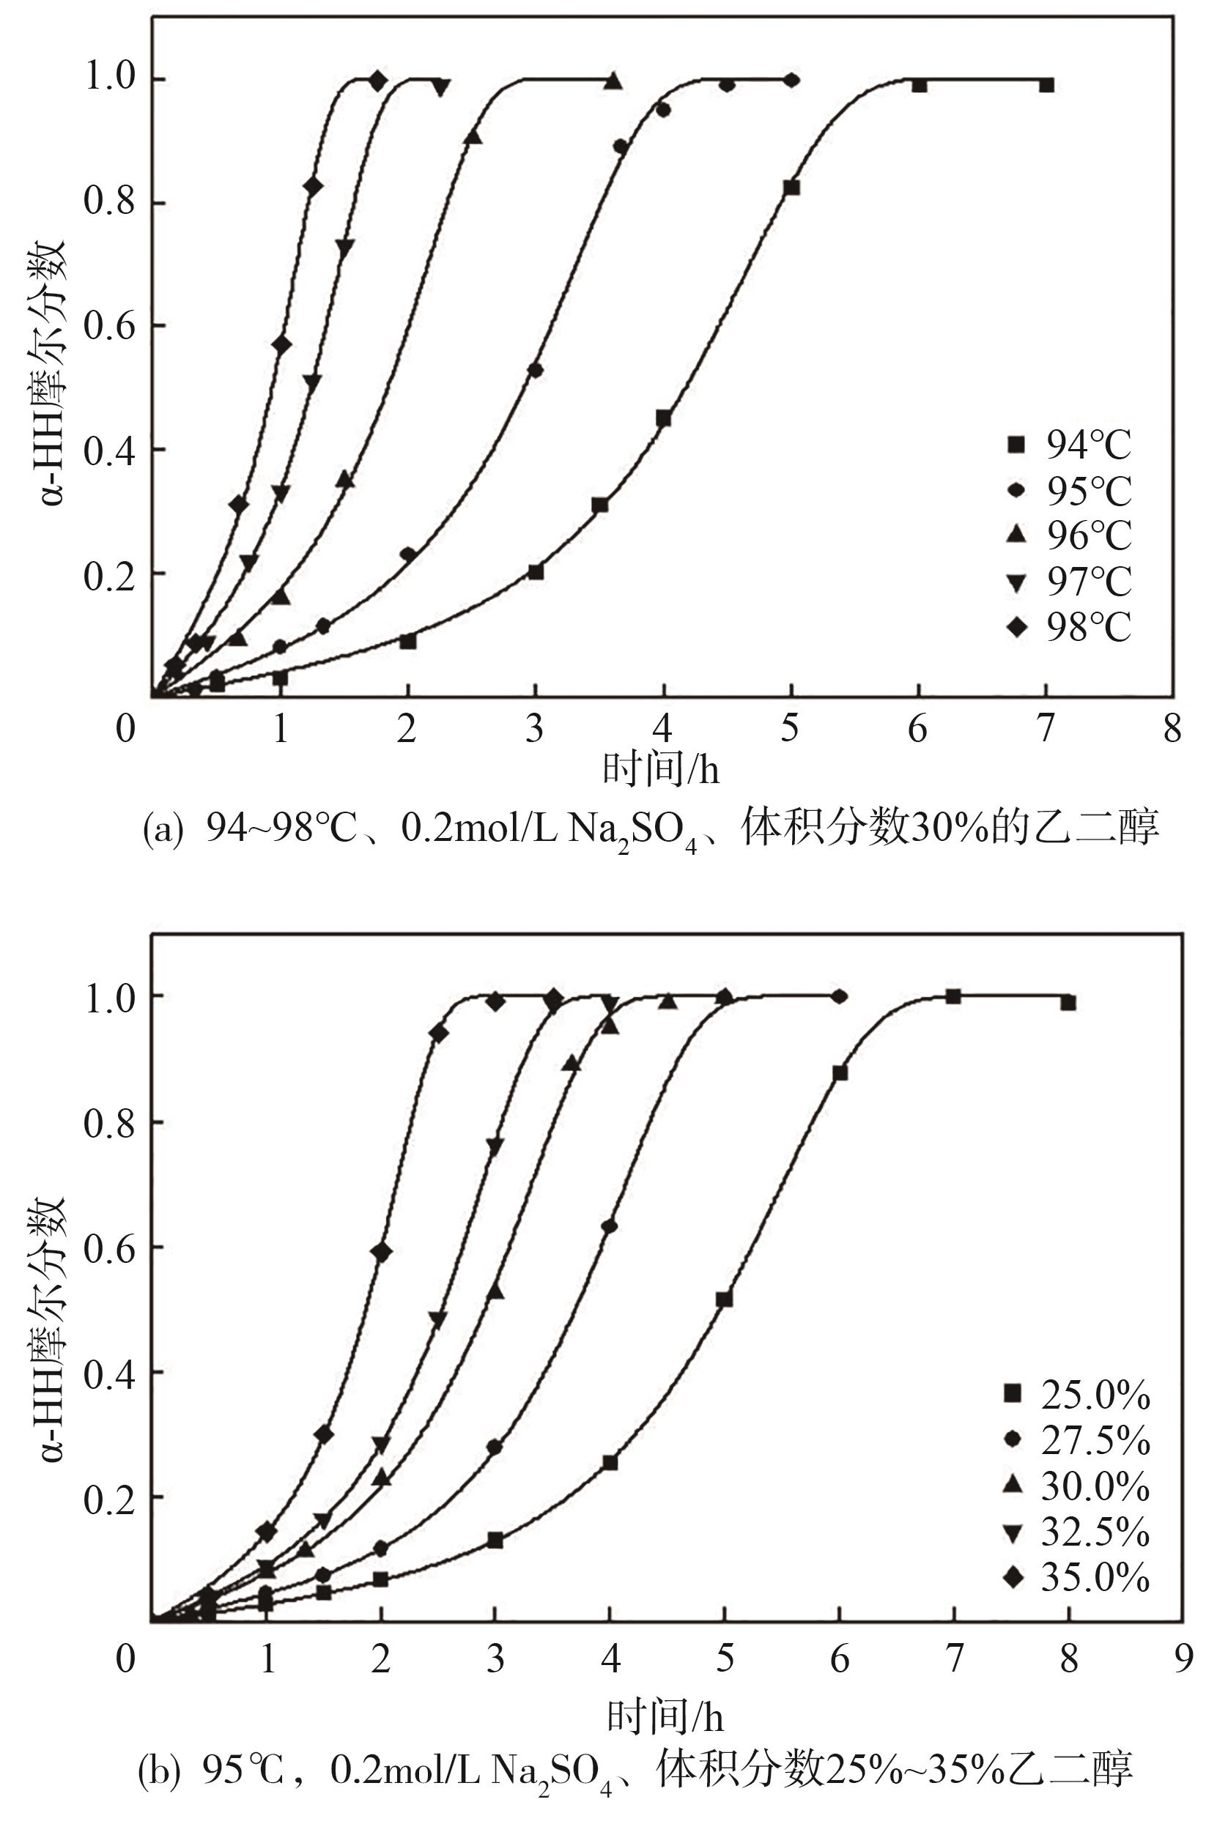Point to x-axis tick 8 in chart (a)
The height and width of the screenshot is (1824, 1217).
(1172, 727)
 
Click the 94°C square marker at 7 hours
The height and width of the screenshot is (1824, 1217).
(1046, 84)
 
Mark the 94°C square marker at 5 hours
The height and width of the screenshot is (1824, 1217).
(791, 188)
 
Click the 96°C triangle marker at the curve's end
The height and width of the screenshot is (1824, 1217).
(613, 81)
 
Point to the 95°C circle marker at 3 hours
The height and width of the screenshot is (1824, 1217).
(535, 370)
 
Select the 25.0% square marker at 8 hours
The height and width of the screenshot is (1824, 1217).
(1068, 1002)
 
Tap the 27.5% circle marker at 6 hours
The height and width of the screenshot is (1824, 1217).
(839, 996)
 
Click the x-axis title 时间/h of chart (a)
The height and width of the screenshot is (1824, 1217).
(662, 770)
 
